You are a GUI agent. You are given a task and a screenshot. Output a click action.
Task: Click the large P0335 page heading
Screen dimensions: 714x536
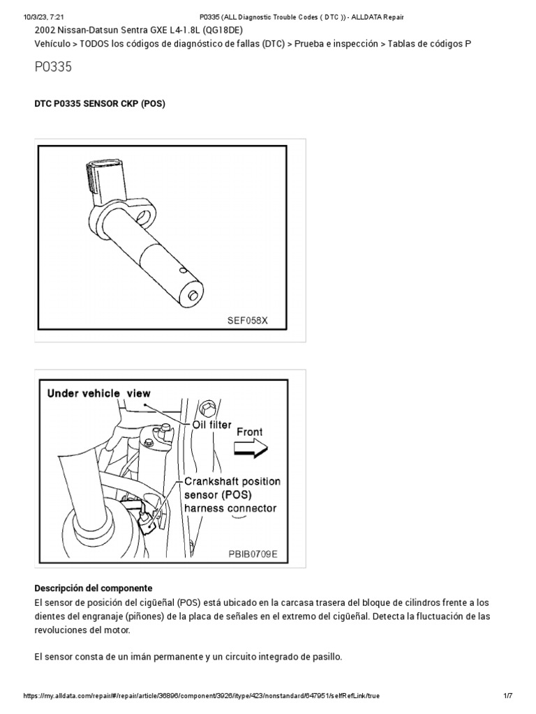[53, 68]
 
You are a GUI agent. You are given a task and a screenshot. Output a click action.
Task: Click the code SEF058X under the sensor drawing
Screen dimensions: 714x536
[247, 320]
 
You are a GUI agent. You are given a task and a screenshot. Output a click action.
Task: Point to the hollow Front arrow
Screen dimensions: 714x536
[251, 450]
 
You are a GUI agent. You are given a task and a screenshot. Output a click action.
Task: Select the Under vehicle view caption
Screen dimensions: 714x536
[98, 393]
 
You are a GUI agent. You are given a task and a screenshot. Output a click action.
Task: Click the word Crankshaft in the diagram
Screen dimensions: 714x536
[214, 482]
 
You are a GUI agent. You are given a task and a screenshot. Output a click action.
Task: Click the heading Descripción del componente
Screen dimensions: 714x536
[93, 588]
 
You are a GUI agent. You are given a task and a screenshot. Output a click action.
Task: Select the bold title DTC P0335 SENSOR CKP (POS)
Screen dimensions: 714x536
[100, 103]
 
